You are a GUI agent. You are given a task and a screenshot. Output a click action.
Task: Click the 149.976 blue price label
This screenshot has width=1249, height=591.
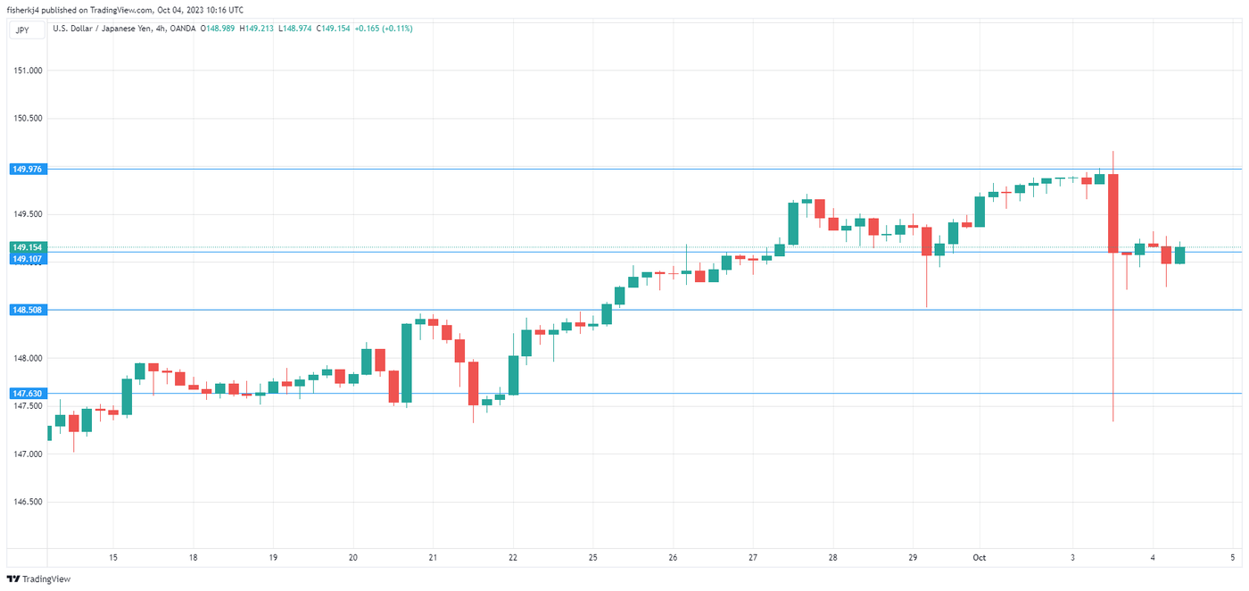pos(28,169)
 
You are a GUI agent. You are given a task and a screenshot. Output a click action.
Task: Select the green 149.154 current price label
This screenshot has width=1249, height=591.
pos(28,247)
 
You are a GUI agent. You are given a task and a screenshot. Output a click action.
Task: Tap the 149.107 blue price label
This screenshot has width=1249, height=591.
pos(28,259)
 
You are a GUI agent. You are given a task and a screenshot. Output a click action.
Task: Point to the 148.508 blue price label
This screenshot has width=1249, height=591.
pos(28,310)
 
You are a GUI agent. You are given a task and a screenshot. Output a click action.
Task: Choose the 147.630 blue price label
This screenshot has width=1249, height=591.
pos(28,393)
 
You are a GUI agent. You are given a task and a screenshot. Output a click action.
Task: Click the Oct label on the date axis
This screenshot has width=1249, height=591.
pos(980,558)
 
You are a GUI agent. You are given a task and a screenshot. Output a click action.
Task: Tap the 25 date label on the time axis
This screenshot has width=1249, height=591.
pos(592,558)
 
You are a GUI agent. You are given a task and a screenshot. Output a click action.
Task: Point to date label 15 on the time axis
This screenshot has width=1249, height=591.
pos(113,558)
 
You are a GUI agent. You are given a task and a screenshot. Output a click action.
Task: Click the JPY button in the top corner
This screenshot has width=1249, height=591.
pos(22,29)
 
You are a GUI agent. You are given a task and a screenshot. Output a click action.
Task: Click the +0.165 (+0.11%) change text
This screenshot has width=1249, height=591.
pos(384,29)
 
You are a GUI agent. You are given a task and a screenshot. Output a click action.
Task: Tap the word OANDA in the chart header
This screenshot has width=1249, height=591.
pos(183,29)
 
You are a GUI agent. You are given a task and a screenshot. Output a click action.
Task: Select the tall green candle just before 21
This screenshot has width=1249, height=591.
pos(407,362)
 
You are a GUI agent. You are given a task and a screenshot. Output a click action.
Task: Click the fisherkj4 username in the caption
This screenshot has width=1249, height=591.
pos(27,10)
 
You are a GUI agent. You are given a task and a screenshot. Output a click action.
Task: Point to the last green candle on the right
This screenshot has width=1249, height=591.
pos(1179,255)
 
